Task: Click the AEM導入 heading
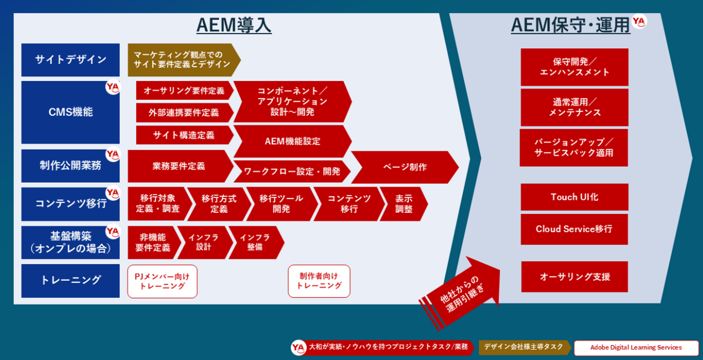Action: click(234, 25)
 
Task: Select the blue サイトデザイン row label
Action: click(70, 60)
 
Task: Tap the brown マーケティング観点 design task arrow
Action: click(184, 60)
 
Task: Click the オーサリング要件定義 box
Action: click(185, 90)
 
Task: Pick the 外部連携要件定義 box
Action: click(185, 112)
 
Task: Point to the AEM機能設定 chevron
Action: click(292, 141)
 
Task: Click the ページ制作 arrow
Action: click(405, 167)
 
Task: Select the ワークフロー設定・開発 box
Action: click(292, 171)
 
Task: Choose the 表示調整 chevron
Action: click(404, 204)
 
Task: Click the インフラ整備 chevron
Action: click(256, 242)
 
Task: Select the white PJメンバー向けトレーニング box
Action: click(162, 281)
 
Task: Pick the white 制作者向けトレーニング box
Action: click(319, 281)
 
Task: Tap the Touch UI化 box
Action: click(574, 197)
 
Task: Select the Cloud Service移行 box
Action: click(574, 229)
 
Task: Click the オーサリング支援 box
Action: click(575, 276)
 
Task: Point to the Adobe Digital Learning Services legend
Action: click(636, 348)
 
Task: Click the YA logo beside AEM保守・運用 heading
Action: click(639, 21)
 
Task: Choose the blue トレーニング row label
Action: click(70, 281)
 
